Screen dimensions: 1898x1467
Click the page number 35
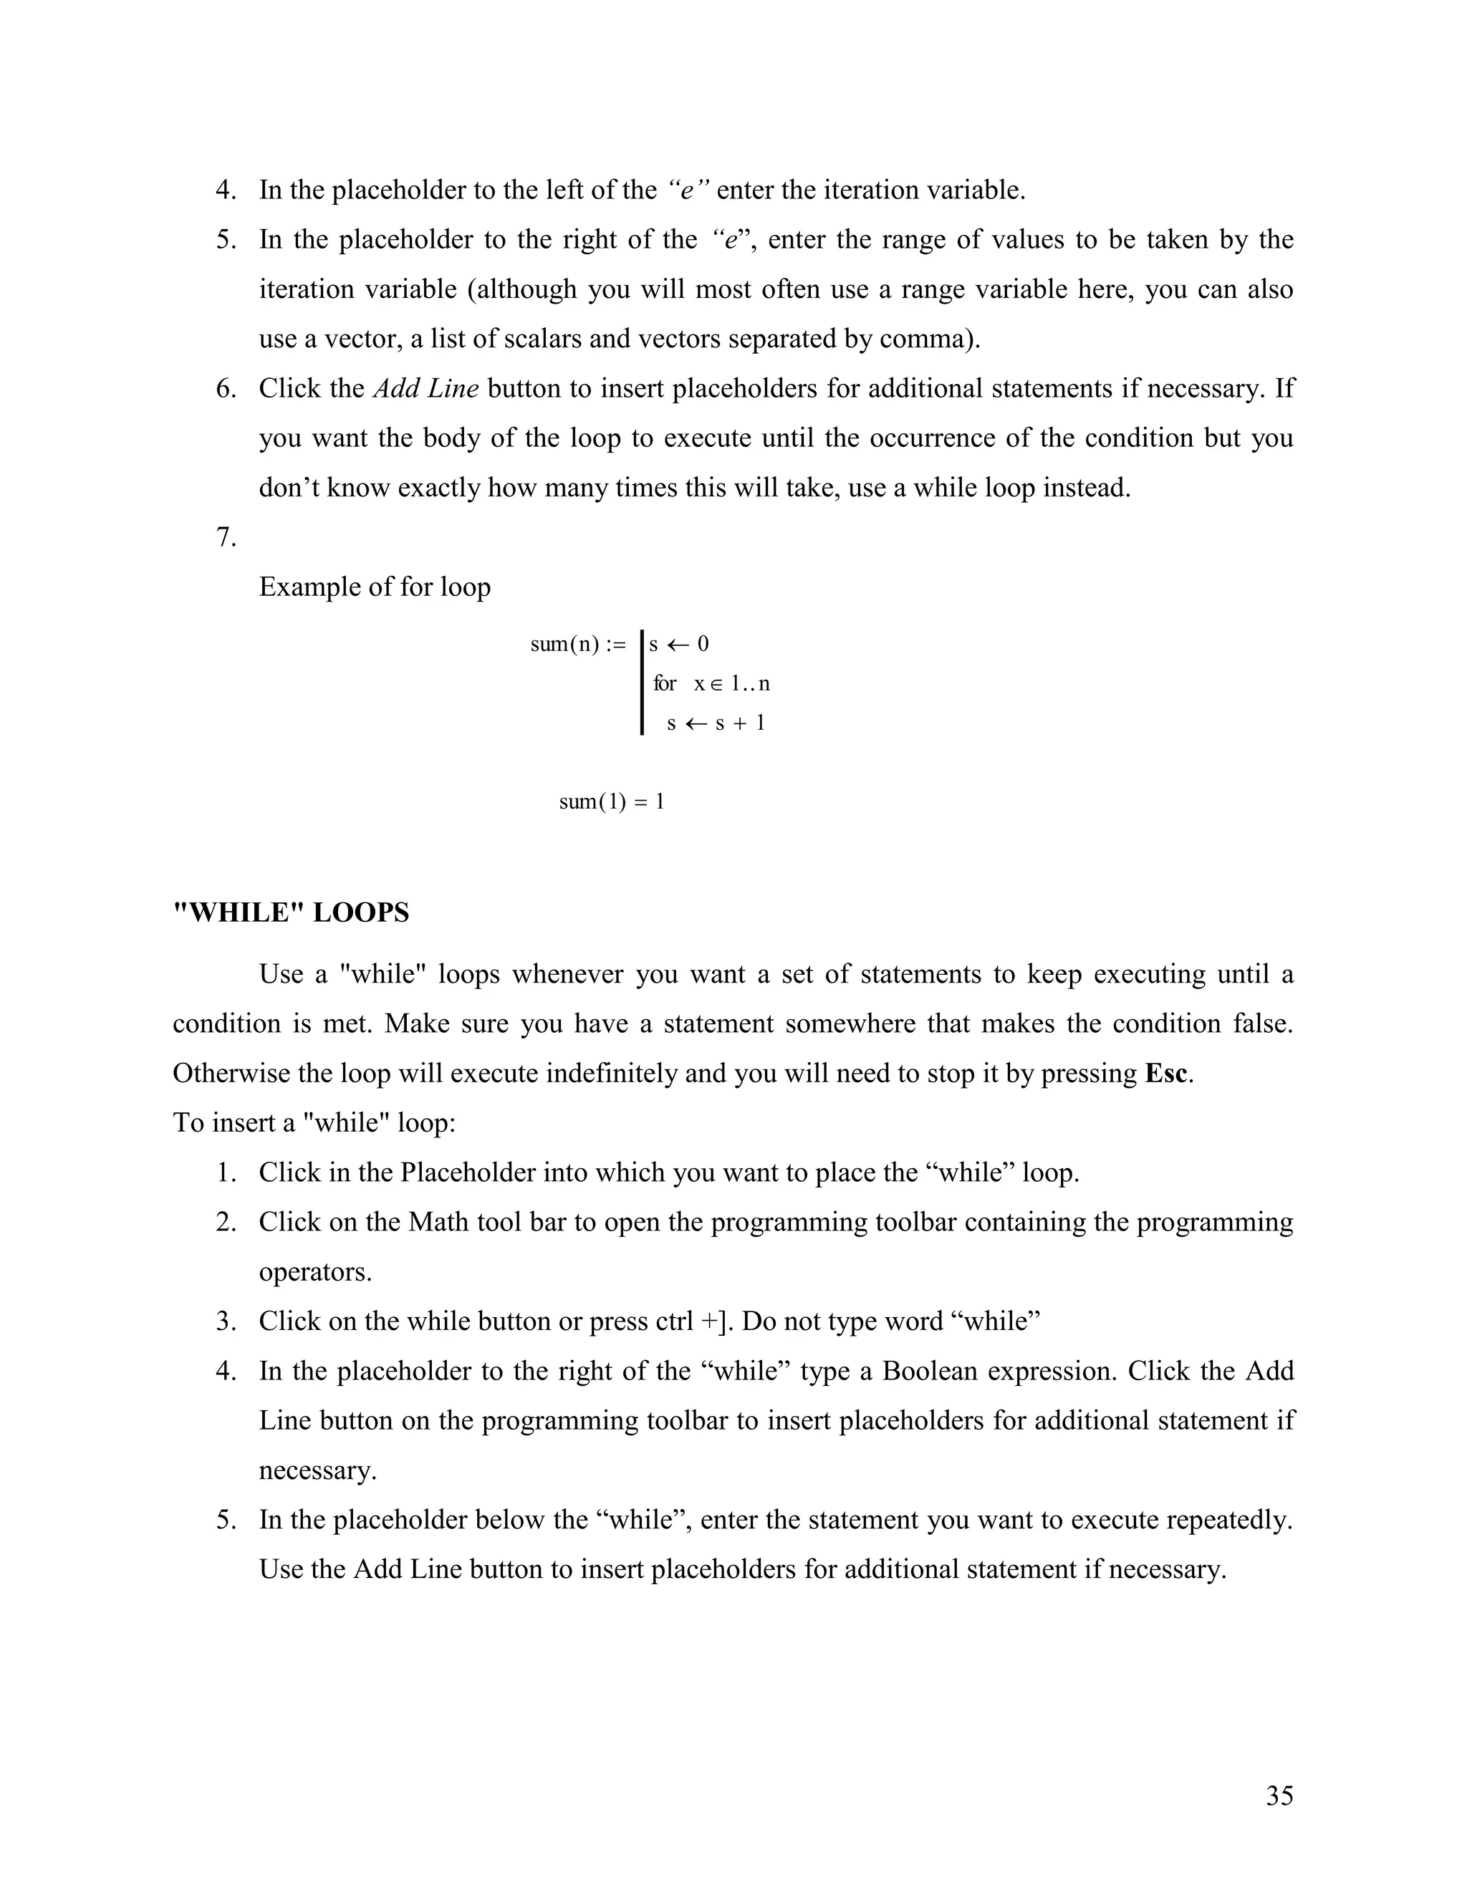click(x=1279, y=1796)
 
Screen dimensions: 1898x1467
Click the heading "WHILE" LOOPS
click(x=291, y=913)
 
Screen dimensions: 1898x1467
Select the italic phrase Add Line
click(x=426, y=388)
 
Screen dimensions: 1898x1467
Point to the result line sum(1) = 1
click(x=612, y=801)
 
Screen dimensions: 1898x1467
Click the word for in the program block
click(x=665, y=684)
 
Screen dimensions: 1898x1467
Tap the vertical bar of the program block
click(x=641, y=683)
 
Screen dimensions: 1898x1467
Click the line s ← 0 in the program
click(x=680, y=644)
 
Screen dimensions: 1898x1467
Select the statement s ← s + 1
click(x=716, y=723)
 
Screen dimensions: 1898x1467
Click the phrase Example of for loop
click(x=375, y=587)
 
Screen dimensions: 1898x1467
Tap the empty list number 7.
click(x=226, y=538)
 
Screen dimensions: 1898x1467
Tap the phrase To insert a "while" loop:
click(x=314, y=1124)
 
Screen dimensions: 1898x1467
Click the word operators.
click(x=314, y=1272)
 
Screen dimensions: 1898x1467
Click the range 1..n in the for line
click(x=750, y=684)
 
